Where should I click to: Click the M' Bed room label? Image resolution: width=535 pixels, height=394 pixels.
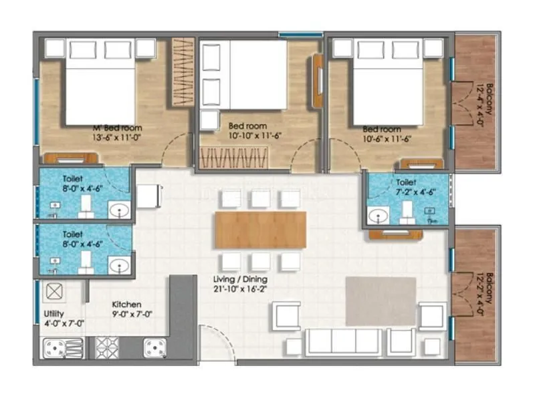[x=117, y=128]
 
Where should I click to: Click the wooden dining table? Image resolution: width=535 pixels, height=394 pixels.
[x=261, y=230]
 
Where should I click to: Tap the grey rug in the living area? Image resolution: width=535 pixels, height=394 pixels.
[x=381, y=301]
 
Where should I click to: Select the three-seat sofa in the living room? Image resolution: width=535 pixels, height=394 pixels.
[x=344, y=341]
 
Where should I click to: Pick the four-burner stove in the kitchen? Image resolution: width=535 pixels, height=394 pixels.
[x=106, y=347]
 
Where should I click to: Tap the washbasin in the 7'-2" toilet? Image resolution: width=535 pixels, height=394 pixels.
[x=379, y=216]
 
